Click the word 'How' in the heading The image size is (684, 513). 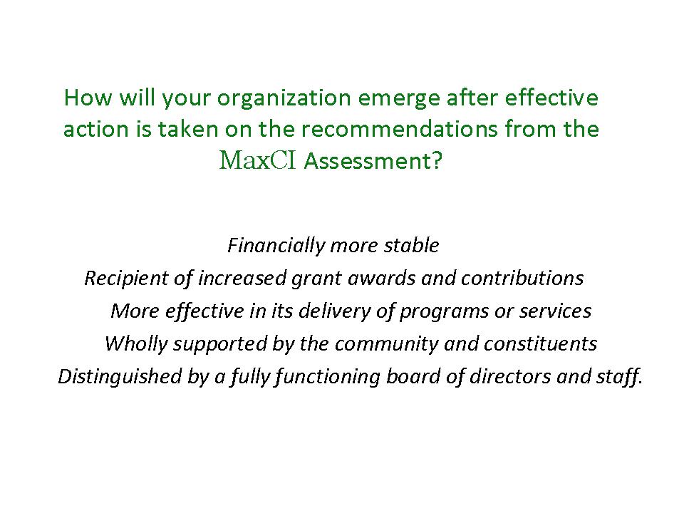(88, 98)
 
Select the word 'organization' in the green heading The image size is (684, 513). (284, 99)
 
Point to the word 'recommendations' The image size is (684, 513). (399, 129)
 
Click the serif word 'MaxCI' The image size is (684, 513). (258, 160)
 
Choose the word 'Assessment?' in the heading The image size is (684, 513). (373, 161)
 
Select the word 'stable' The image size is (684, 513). (411, 246)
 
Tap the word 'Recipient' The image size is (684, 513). (127, 279)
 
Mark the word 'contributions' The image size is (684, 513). (522, 279)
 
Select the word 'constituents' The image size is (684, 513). (541, 343)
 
